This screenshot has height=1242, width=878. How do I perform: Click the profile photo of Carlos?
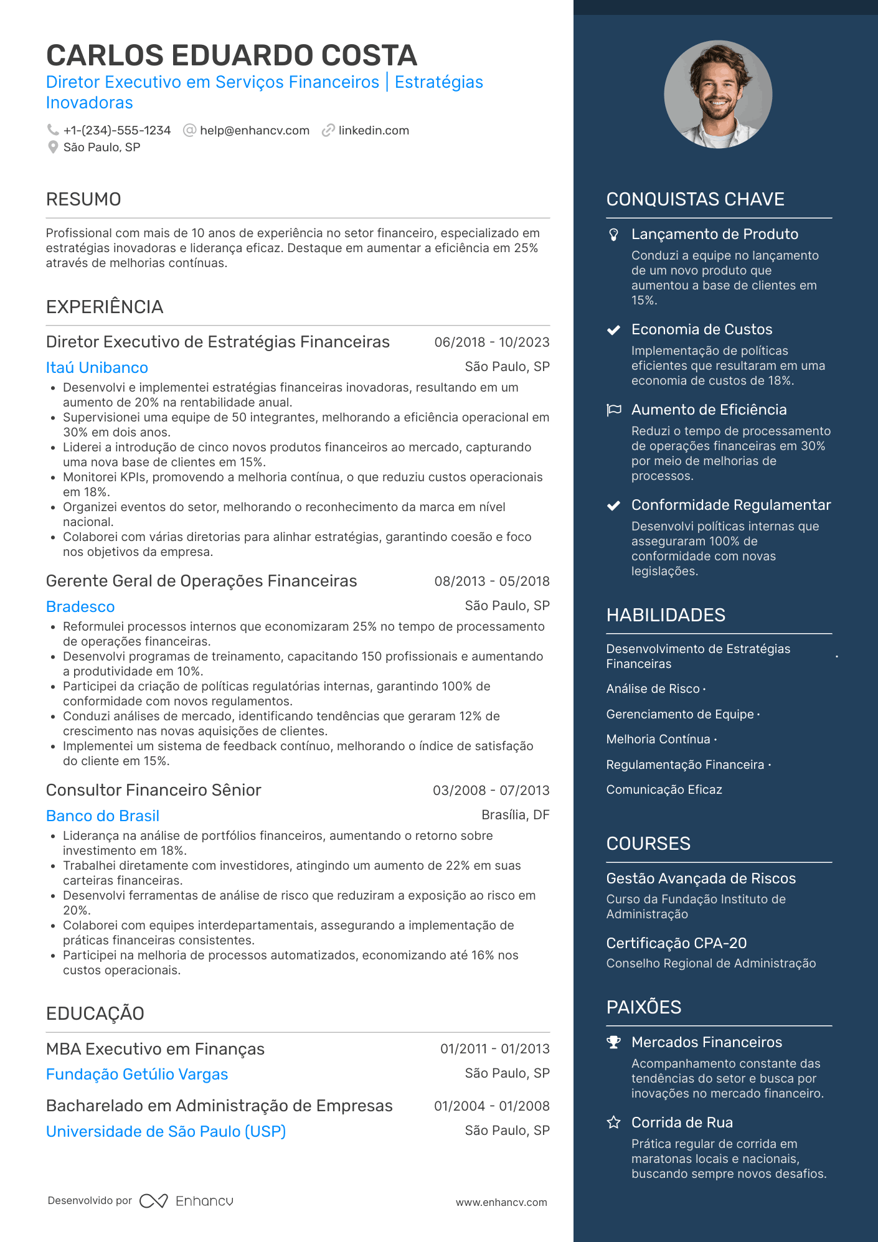pyautogui.click(x=718, y=95)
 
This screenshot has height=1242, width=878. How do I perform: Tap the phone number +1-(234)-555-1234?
pyautogui.click(x=117, y=131)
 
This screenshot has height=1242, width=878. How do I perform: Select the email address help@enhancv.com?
pyautogui.click(x=255, y=131)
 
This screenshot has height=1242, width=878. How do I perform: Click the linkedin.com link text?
pyautogui.click(x=374, y=131)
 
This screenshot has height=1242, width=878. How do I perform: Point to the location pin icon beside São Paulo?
pyautogui.click(x=53, y=148)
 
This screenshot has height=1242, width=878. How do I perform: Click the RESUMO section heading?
pyautogui.click(x=83, y=199)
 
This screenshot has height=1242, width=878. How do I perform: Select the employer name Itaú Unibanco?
pyautogui.click(x=97, y=368)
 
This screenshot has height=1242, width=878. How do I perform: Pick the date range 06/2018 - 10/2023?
pyautogui.click(x=492, y=342)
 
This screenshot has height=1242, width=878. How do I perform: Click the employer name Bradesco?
pyautogui.click(x=80, y=607)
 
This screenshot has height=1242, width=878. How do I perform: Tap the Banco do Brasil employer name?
pyautogui.click(x=103, y=816)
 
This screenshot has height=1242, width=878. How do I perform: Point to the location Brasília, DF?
pyautogui.click(x=516, y=815)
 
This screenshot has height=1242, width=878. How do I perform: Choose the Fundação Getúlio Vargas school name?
pyautogui.click(x=137, y=1075)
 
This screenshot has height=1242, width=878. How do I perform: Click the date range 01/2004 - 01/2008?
pyautogui.click(x=492, y=1106)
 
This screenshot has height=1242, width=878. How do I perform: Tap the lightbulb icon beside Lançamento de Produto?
pyautogui.click(x=614, y=235)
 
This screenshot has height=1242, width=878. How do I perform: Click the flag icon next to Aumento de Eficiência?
pyautogui.click(x=614, y=410)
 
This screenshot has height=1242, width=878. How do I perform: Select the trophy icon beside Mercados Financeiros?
pyautogui.click(x=614, y=1042)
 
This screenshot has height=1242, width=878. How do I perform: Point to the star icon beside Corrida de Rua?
pyautogui.click(x=614, y=1122)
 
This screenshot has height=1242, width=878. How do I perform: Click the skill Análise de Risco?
pyautogui.click(x=653, y=689)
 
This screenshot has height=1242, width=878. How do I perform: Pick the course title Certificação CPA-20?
pyautogui.click(x=676, y=944)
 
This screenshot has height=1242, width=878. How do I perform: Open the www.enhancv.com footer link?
pyautogui.click(x=501, y=1203)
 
